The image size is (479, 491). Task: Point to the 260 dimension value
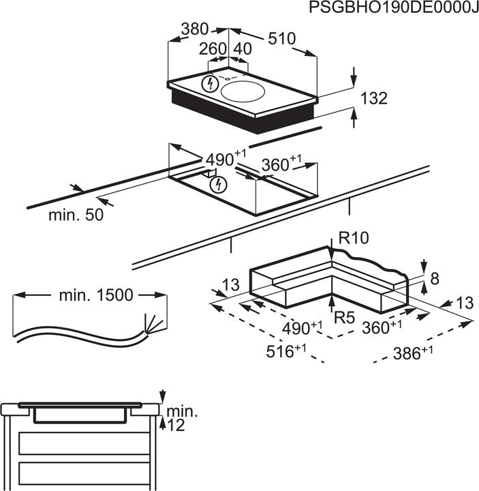213,50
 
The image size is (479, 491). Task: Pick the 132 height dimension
373,98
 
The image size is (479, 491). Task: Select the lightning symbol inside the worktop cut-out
218,184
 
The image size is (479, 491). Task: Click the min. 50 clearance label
76,215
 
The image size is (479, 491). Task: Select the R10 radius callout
353,239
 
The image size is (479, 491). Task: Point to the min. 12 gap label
181,417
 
